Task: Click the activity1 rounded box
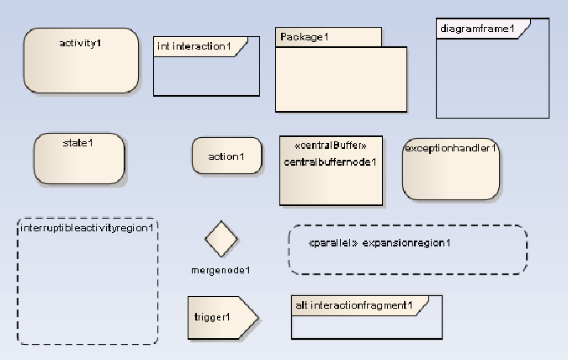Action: click(81, 60)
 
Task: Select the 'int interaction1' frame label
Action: click(194, 46)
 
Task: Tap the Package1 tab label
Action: click(305, 37)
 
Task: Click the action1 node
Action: click(226, 156)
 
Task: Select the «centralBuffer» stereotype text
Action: click(331, 146)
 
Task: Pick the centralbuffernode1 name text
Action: click(331, 161)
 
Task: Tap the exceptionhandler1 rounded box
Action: click(451, 168)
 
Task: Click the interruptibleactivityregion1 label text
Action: click(88, 227)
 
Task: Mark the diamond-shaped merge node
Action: click(221, 239)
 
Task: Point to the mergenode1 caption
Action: click(221, 270)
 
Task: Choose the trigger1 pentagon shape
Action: click(217, 317)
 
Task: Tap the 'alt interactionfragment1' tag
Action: click(354, 304)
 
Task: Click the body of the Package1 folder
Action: click(342, 79)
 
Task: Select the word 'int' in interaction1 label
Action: click(163, 46)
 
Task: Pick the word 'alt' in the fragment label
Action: click(300, 304)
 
